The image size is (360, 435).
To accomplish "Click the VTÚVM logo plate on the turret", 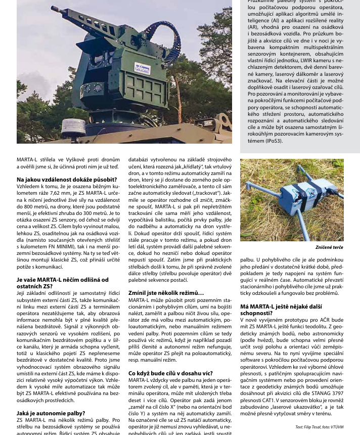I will click(142, 68).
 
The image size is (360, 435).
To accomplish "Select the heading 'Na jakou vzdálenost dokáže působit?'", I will click(67, 179).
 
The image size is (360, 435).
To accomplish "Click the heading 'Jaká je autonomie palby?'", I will click(51, 413).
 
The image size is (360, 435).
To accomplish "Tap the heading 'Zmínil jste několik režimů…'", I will click(166, 293).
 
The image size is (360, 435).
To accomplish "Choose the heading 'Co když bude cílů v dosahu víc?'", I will click(170, 373).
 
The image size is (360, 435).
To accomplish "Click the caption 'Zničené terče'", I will click(329, 247).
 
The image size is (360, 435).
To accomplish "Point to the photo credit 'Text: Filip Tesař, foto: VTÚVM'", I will click(319, 427).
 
